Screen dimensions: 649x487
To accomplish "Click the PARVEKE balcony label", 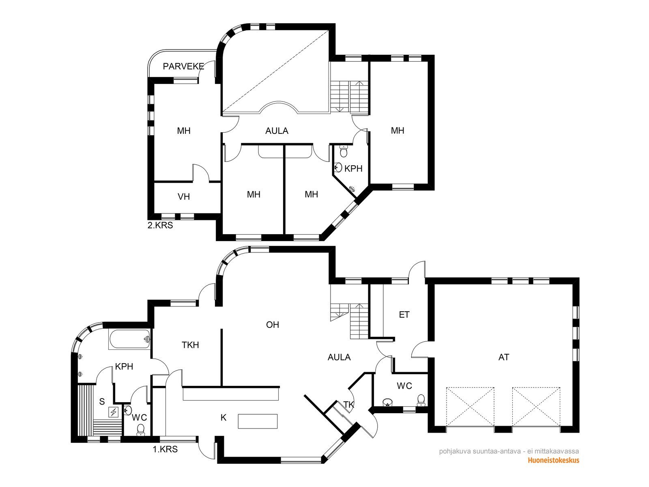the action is [183, 66].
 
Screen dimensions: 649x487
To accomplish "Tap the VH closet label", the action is [184, 197].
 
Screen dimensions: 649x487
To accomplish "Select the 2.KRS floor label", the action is [160, 225].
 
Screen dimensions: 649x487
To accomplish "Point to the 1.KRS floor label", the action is [165, 449].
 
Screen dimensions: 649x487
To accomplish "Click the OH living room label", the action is [272, 325].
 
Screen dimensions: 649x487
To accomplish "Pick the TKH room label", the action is [190, 345].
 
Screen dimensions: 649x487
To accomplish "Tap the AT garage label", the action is [504, 357].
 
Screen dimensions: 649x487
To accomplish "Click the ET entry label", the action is [404, 315].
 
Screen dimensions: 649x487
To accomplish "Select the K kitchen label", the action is [223, 418].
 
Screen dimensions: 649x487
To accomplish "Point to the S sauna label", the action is [102, 401].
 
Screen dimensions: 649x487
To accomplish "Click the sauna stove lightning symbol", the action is [114, 412].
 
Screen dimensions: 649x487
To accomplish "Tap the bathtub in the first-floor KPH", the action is [129, 339].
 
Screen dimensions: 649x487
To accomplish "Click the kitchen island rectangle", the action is [258, 421].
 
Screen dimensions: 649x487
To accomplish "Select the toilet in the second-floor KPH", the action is [344, 151].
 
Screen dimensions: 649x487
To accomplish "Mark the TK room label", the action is [349, 405].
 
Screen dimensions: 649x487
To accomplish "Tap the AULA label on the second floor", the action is [277, 131].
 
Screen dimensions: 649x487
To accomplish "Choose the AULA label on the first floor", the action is [339, 357].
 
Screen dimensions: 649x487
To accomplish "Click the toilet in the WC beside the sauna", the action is [141, 430].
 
